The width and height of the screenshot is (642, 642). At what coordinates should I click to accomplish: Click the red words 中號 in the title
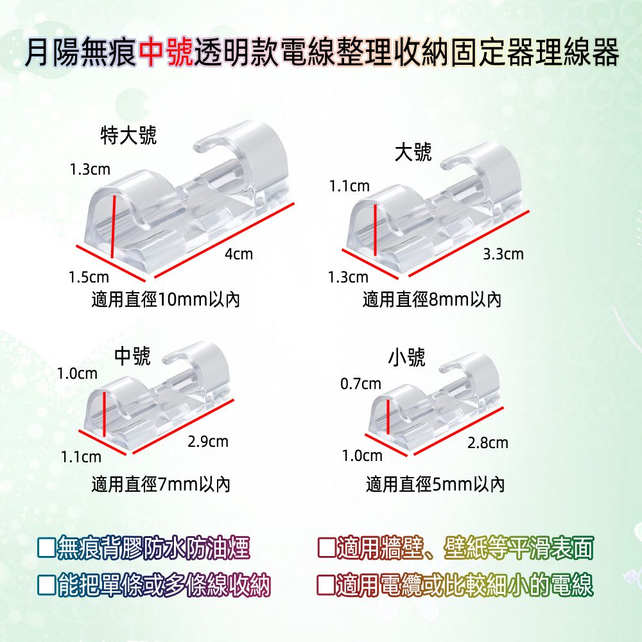pyautogui.click(x=166, y=52)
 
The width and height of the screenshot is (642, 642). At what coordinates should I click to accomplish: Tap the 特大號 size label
pyautogui.click(x=128, y=135)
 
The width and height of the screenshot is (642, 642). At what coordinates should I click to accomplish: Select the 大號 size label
pyautogui.click(x=413, y=153)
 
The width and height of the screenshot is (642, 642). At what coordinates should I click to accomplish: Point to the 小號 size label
pyautogui.click(x=406, y=358)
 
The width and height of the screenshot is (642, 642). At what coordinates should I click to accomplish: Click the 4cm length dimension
pyautogui.click(x=239, y=254)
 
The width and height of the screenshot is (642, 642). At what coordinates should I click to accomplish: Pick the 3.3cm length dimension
pyautogui.click(x=503, y=254)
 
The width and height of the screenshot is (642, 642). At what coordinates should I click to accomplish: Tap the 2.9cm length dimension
pyautogui.click(x=208, y=442)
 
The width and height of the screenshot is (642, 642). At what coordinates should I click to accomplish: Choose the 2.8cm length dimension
pyautogui.click(x=488, y=442)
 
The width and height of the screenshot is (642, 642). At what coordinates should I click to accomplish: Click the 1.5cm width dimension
pyautogui.click(x=89, y=277)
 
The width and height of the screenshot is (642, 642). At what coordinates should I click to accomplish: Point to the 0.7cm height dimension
pyautogui.click(x=361, y=384)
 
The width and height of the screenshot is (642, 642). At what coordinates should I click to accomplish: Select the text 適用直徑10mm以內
pyautogui.click(x=166, y=300)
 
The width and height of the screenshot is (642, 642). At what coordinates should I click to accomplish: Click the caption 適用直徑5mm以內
pyautogui.click(x=435, y=485)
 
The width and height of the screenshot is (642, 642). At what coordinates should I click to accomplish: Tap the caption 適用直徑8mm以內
pyautogui.click(x=432, y=300)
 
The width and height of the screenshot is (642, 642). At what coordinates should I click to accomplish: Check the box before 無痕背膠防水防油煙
pyautogui.click(x=46, y=548)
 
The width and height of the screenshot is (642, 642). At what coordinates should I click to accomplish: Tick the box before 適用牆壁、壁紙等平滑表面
pyautogui.click(x=327, y=548)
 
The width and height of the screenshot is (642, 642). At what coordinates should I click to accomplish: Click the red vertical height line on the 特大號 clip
pyautogui.click(x=114, y=227)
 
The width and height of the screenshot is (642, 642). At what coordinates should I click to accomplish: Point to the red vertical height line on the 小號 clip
pyautogui.click(x=388, y=417)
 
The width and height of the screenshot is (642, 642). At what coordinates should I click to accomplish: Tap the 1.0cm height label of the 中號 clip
pyautogui.click(x=78, y=374)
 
